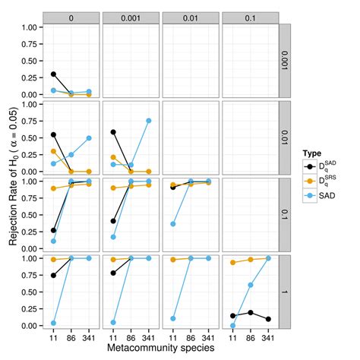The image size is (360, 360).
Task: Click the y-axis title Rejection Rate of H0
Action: click(x=14, y=176)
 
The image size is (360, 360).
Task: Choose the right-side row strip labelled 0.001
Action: click(x=286, y=60)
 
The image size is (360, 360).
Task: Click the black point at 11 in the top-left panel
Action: click(x=52, y=74)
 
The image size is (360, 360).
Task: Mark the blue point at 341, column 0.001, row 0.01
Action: click(x=148, y=121)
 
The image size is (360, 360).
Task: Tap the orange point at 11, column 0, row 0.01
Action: click(x=52, y=151)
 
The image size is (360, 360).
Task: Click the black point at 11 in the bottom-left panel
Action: click(x=52, y=275)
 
